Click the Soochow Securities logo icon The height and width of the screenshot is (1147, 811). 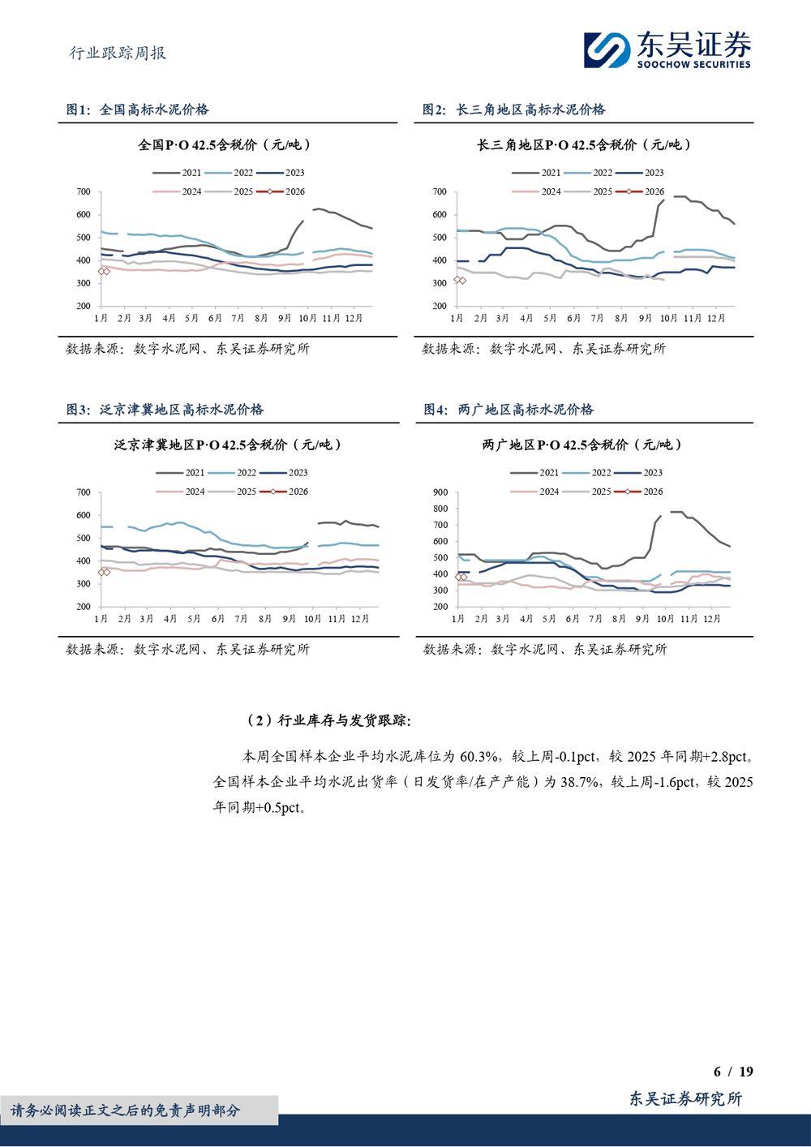click(x=607, y=49)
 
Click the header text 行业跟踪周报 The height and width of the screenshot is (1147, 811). click(x=118, y=53)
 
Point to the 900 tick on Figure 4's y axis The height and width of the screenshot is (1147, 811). click(x=440, y=492)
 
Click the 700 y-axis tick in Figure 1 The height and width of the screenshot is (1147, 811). click(x=84, y=192)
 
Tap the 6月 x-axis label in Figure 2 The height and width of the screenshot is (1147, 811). click(x=573, y=318)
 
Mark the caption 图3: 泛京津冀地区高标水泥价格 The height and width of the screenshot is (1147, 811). click(x=165, y=410)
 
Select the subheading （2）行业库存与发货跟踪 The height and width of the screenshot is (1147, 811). click(x=328, y=720)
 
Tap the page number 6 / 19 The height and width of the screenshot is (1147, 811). click(x=733, y=1072)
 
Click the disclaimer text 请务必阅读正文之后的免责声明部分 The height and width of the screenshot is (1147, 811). click(x=126, y=1110)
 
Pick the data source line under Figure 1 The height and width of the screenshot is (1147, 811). click(x=187, y=349)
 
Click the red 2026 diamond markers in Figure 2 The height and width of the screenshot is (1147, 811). click(x=459, y=280)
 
